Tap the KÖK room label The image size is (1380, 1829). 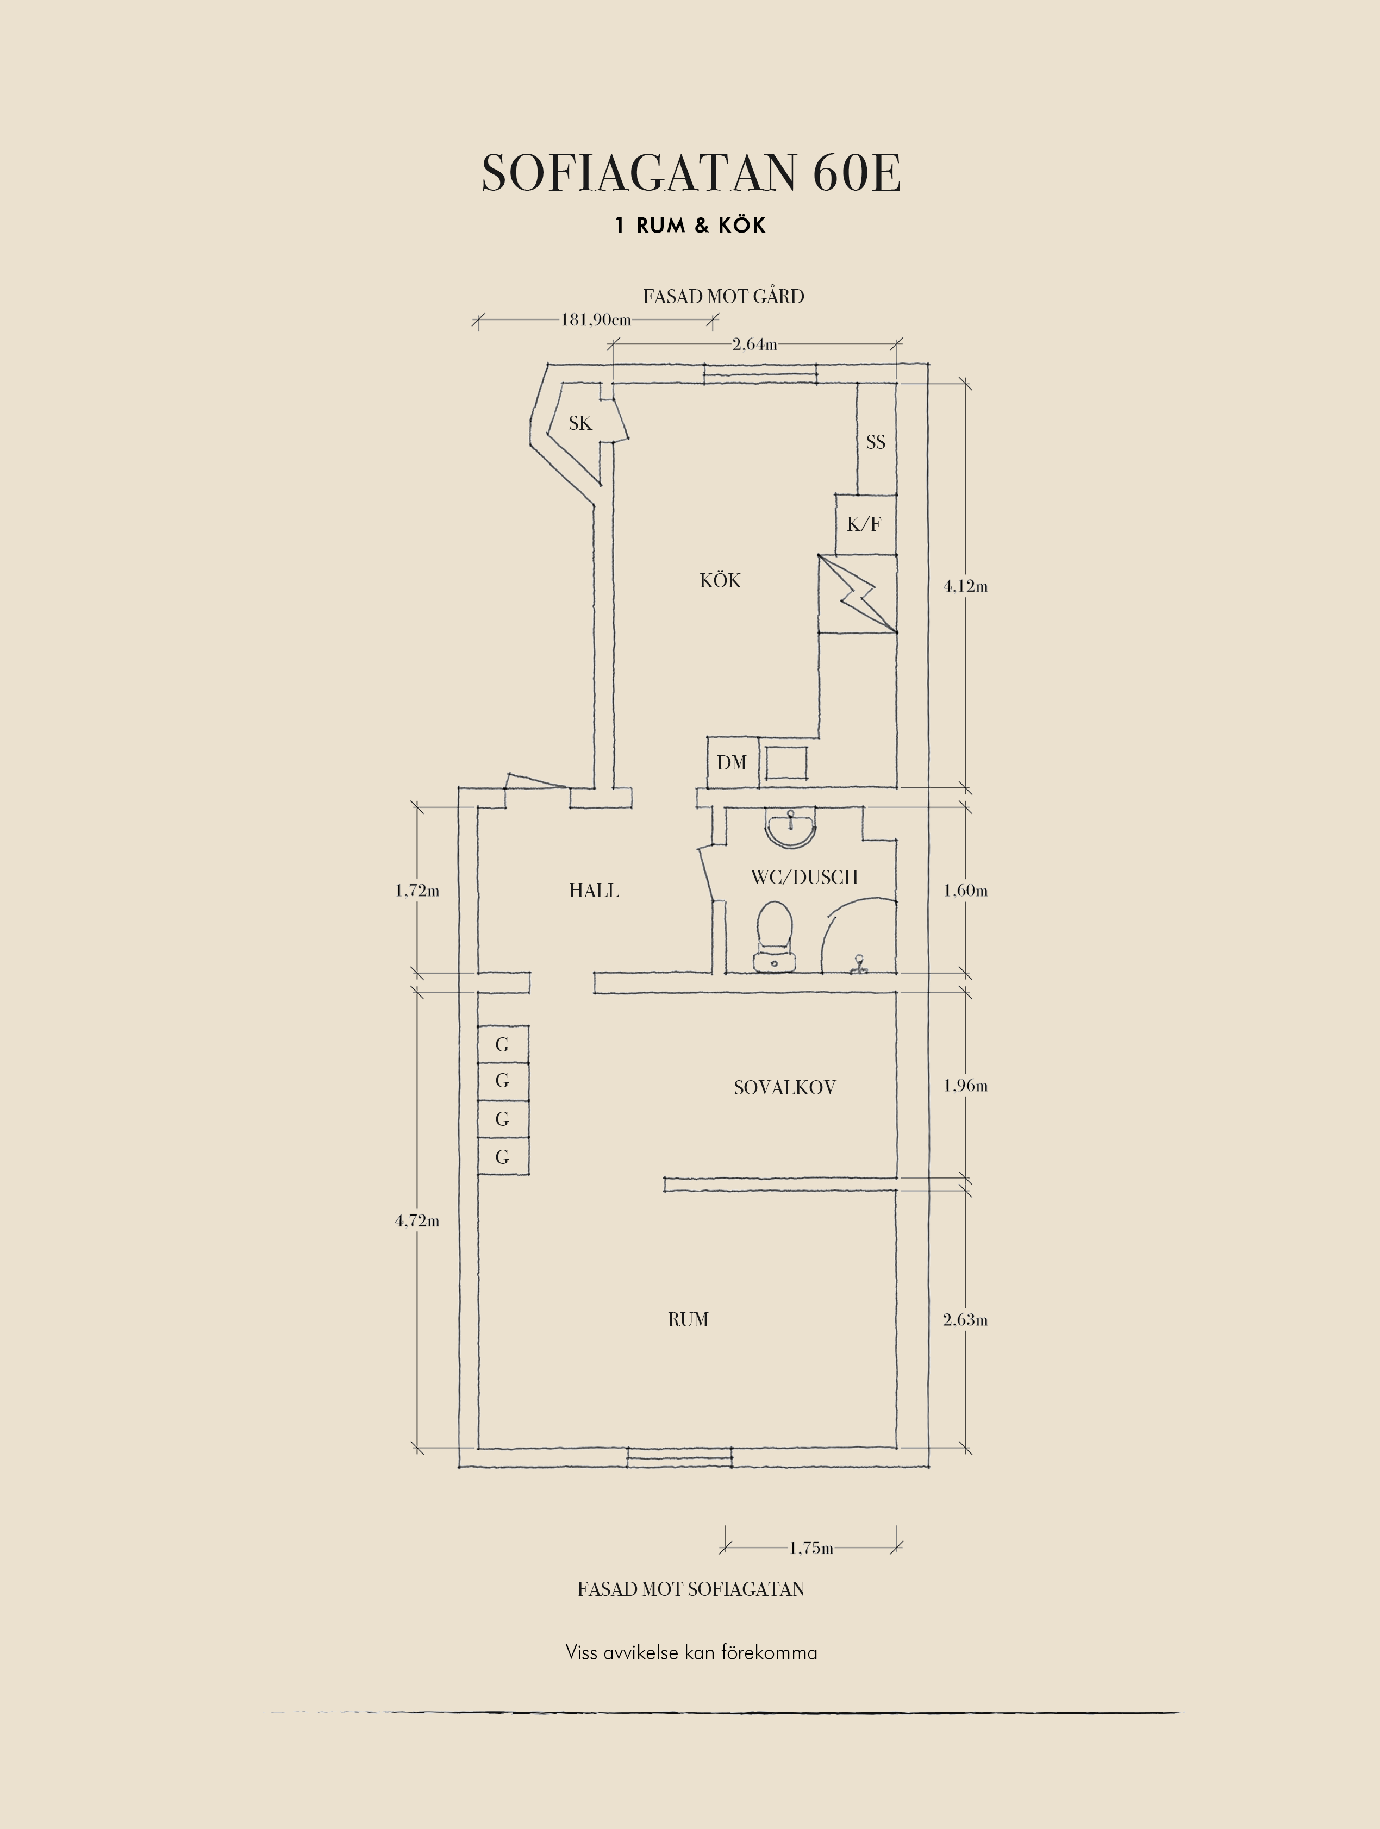pos(720,580)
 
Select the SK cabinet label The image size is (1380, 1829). pos(580,423)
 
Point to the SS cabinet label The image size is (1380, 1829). pos(876,442)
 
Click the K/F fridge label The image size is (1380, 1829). pos(864,523)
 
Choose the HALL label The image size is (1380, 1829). pos(594,891)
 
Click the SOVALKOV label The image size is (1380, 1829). pos(785,1087)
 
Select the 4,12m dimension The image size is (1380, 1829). pos(966,586)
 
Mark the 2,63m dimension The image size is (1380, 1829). pos(966,1320)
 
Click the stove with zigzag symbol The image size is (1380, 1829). pos(858,594)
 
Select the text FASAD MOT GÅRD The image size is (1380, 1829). pos(723,296)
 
